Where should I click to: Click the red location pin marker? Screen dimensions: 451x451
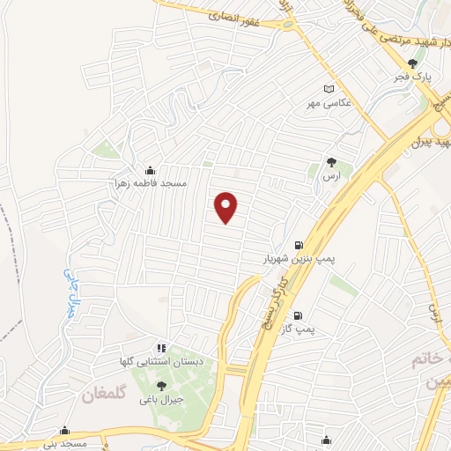point(227,207)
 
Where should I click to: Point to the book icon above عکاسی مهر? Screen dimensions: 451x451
point(329,89)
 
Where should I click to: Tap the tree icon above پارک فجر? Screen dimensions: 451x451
point(412,63)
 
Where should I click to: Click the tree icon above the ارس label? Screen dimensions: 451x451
point(331,162)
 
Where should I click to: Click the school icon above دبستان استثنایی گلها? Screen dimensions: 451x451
point(160,349)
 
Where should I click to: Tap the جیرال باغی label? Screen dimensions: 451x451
point(160,399)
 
